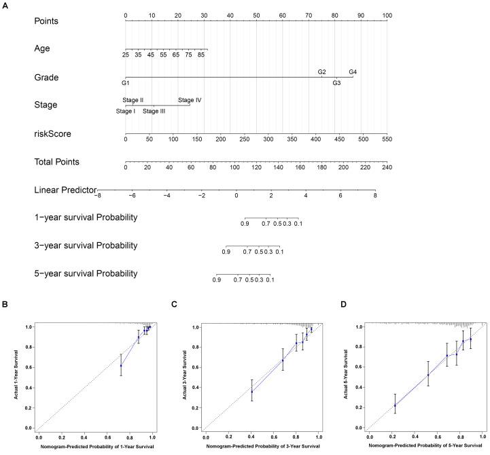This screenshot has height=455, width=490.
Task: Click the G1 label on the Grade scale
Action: point(125,83)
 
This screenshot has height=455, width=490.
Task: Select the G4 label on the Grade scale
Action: point(353,71)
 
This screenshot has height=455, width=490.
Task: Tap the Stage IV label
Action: point(190,100)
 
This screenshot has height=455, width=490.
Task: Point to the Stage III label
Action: point(154,111)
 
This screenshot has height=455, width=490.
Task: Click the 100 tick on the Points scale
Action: point(387,15)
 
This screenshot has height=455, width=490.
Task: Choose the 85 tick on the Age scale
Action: point(202,54)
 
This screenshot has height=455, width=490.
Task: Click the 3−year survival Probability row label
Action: point(86,246)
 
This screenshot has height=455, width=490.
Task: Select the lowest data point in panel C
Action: point(252,391)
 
